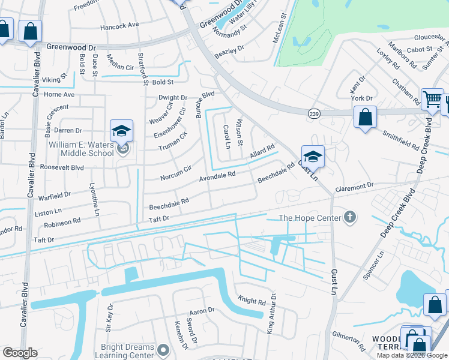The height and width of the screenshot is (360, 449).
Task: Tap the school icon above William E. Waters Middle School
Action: (x=121, y=131)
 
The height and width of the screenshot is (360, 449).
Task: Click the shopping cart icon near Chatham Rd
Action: (x=432, y=100)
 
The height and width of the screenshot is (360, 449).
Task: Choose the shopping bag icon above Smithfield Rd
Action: (x=365, y=117)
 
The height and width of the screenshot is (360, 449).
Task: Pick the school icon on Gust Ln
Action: (x=313, y=157)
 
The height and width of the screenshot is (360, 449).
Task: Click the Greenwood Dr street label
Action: (x=71, y=46)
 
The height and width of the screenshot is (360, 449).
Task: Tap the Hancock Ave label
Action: (x=119, y=26)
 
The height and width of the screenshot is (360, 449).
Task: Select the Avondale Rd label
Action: (x=217, y=176)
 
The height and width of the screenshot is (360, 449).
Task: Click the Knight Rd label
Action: (x=252, y=302)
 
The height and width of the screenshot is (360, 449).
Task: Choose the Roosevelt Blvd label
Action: (x=62, y=168)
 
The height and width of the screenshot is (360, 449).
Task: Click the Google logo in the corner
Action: (x=20, y=353)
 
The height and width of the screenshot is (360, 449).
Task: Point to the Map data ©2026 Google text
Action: (x=412, y=355)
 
